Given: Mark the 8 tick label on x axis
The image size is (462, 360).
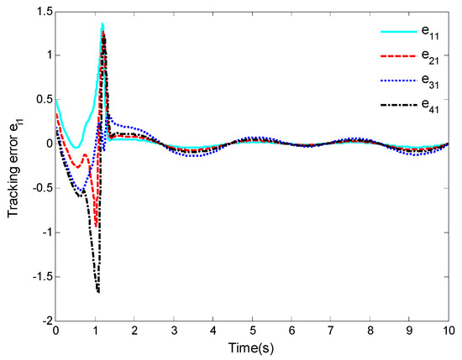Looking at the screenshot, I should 370,332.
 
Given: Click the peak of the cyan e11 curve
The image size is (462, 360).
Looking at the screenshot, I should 102,24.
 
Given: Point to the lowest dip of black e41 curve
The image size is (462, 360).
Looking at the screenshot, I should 98,292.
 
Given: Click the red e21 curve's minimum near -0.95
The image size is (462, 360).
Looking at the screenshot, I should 97,225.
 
